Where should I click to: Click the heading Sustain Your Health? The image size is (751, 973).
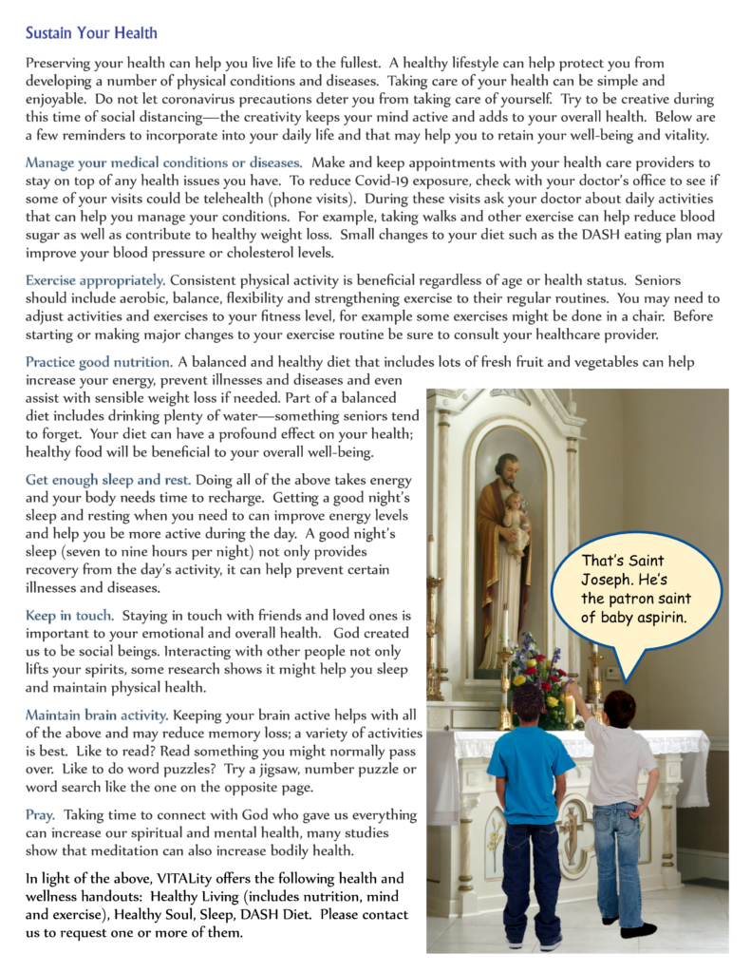(91, 34)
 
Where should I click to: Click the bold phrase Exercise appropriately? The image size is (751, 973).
(95, 280)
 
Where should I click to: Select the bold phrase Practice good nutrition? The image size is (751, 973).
(99, 362)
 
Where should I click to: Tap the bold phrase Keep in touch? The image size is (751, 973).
(68, 616)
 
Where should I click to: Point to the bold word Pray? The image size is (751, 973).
(40, 815)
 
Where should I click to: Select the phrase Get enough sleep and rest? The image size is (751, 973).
(108, 480)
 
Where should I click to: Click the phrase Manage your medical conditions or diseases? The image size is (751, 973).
(164, 162)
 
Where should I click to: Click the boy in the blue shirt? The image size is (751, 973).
(532, 808)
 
